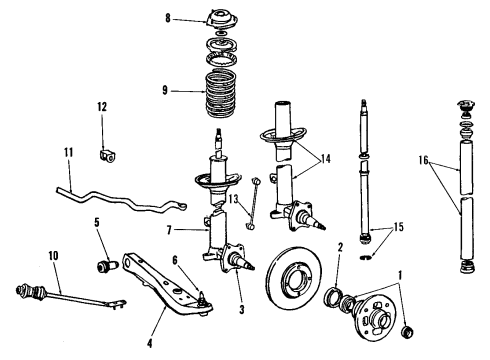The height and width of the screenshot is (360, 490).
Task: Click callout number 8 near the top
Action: pyautogui.click(x=169, y=17)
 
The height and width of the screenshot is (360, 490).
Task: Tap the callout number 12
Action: pyautogui.click(x=101, y=106)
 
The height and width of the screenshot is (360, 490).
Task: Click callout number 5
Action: pyautogui.click(x=97, y=223)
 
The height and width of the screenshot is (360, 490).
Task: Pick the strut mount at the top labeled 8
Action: pyautogui.click(x=216, y=18)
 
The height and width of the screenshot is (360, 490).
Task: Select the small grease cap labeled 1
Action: pyautogui.click(x=406, y=330)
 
